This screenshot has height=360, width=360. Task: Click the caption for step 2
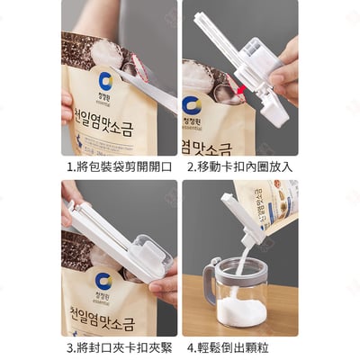pyautogui.click(x=240, y=167)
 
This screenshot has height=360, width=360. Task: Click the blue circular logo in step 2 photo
pyautogui.click(x=191, y=104)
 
